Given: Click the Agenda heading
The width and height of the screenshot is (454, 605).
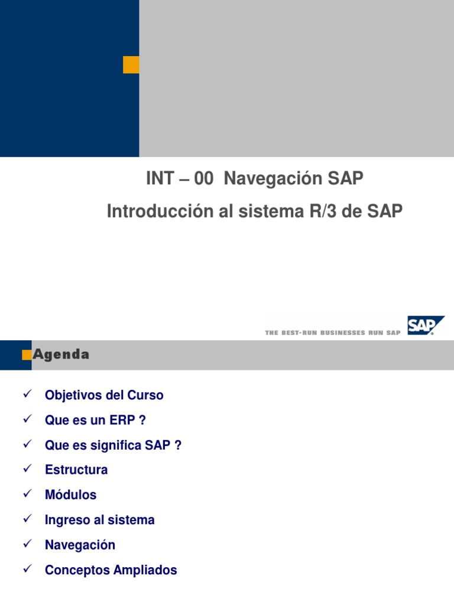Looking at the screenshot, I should tap(61, 354).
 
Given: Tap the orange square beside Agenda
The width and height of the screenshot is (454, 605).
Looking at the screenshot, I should tap(27, 354).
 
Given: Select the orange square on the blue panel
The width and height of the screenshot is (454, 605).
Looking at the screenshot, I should tap(131, 65).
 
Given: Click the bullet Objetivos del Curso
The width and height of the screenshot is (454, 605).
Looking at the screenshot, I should tap(104, 395).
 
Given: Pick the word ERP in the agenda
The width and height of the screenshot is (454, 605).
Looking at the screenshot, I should tap(118, 420).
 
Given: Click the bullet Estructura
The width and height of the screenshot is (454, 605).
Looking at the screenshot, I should tap(76, 470).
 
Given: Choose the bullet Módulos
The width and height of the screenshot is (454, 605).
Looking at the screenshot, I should tap(70, 495).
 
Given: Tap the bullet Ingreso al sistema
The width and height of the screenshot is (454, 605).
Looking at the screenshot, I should tap(99, 520).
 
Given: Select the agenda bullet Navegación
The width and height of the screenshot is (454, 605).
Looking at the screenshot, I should tap(80, 545).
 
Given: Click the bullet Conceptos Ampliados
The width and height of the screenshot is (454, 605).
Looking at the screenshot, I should tap(111, 570).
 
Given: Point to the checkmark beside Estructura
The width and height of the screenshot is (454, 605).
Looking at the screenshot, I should tap(26, 469).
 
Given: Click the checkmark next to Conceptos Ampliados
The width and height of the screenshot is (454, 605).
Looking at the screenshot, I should tap(26, 569).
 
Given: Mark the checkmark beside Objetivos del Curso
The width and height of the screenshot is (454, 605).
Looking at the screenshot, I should tap(26, 394).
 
